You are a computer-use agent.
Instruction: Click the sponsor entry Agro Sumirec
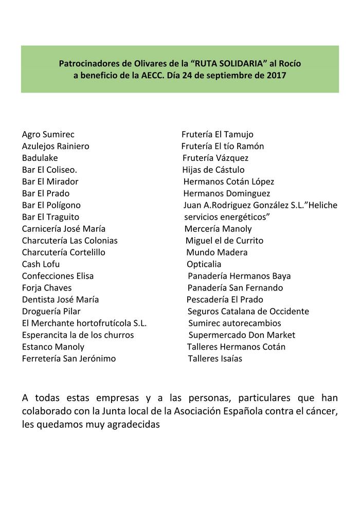tap(48, 135)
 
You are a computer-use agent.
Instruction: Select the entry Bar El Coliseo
tap(49, 170)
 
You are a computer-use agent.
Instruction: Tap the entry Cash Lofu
tap(41, 264)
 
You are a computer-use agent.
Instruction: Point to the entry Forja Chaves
tap(47, 288)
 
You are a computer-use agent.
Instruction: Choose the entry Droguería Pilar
tap(51, 312)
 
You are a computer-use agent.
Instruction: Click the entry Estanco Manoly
tap(53, 347)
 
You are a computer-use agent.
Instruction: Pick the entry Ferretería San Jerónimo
tap(69, 359)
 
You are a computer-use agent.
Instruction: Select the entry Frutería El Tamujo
tap(218, 135)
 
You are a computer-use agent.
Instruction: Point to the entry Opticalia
tap(204, 264)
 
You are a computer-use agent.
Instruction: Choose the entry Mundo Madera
tap(217, 252)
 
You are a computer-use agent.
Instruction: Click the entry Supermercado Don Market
tap(242, 335)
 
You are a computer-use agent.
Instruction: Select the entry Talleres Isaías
tap(215, 359)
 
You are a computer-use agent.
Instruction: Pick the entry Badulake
tap(40, 158)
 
